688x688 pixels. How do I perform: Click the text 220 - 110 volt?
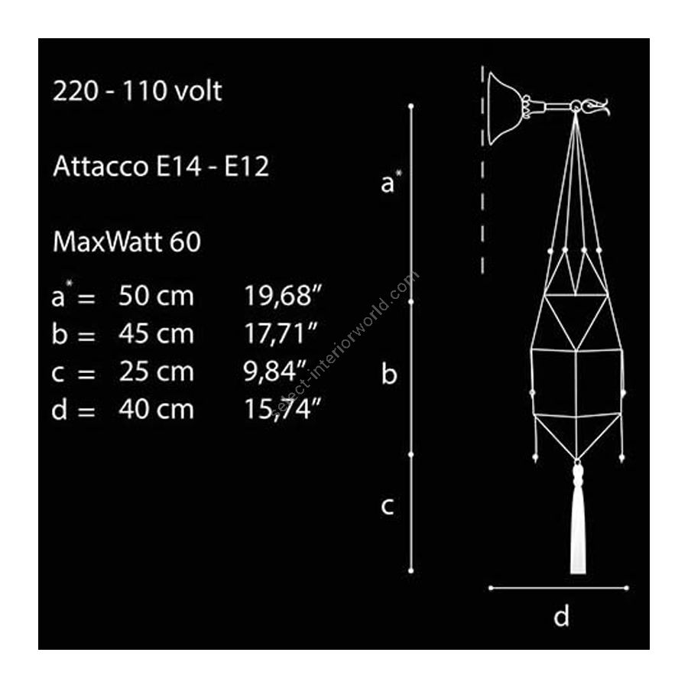(x=138, y=91)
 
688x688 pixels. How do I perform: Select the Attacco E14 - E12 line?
(x=161, y=167)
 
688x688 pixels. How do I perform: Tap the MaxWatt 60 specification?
(x=127, y=242)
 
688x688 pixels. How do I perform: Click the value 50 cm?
(x=156, y=296)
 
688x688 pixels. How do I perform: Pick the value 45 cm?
(x=156, y=334)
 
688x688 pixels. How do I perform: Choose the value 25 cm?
(x=156, y=372)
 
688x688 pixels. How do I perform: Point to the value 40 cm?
(x=156, y=410)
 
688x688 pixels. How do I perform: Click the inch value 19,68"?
(x=283, y=296)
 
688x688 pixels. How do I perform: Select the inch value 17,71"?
(x=281, y=334)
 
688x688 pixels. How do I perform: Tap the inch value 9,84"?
(x=274, y=372)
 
